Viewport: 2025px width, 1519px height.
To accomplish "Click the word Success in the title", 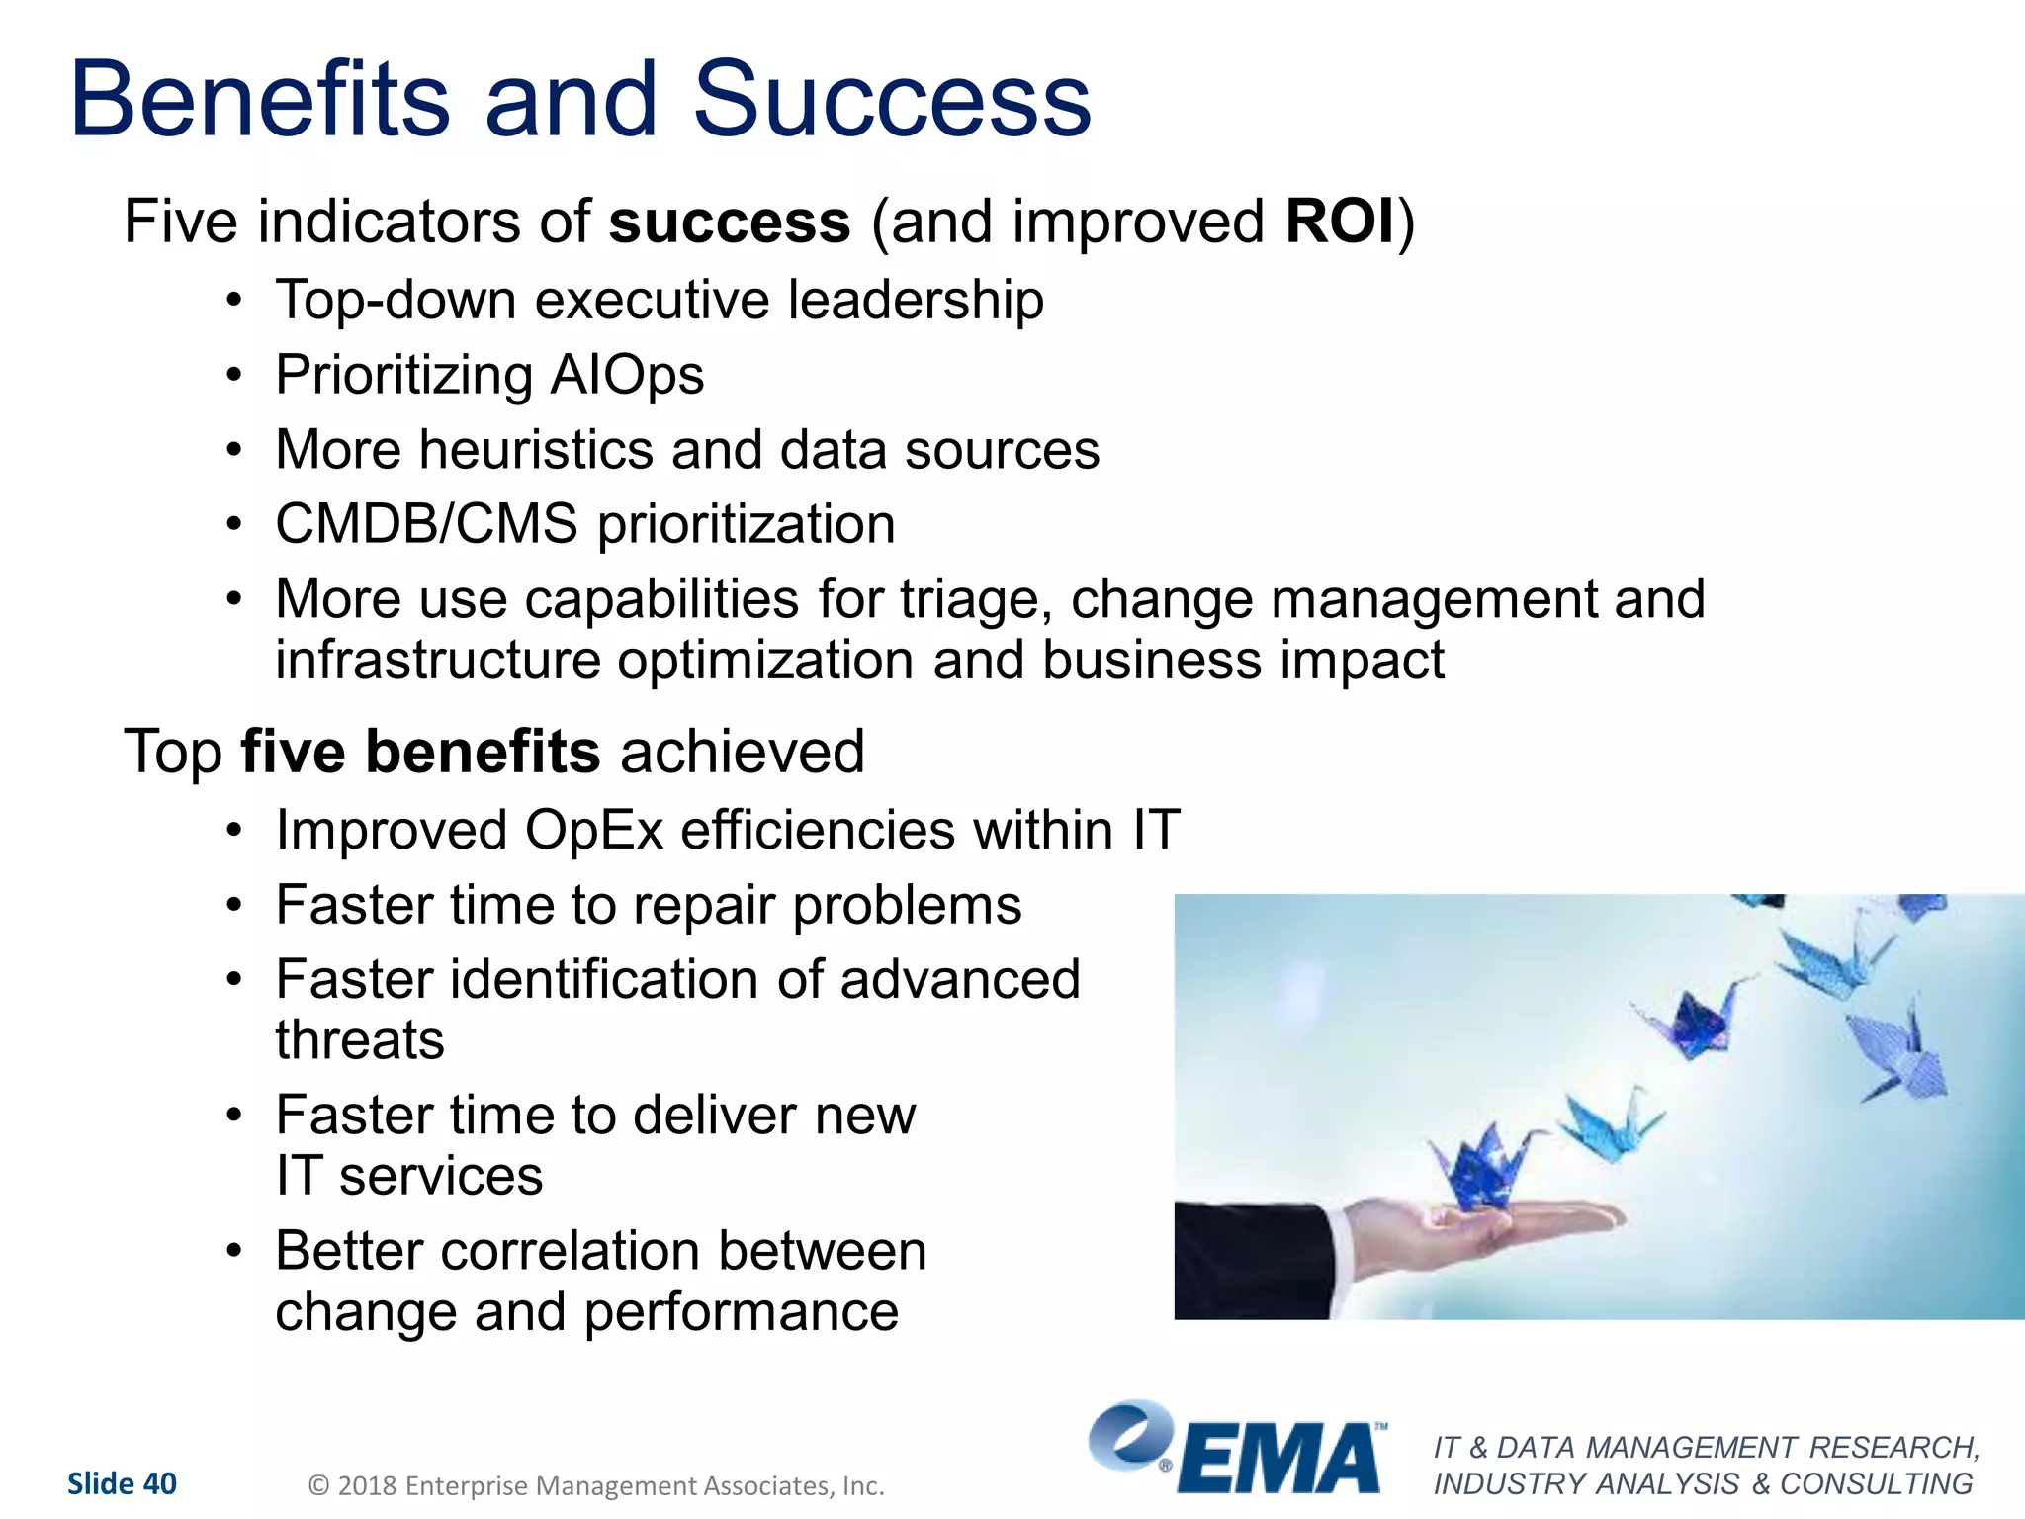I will pyautogui.click(x=892, y=101).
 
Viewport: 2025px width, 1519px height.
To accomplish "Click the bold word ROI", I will pyautogui.click(x=1340, y=222).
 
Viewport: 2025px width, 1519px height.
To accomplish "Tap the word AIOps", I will pyautogui.click(x=627, y=376).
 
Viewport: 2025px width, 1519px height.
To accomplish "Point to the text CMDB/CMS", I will pyautogui.click(x=426, y=524).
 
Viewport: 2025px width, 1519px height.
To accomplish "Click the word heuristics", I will pyautogui.click(x=536, y=450).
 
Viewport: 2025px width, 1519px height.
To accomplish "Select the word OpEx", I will pyautogui.click(x=593, y=831).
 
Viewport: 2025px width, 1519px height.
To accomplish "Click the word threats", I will pyautogui.click(x=360, y=1040).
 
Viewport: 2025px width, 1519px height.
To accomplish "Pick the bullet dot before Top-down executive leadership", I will pyautogui.click(x=233, y=301).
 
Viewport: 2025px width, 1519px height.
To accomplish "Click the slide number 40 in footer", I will pyautogui.click(x=159, y=1483).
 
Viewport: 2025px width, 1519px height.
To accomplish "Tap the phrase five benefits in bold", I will pyautogui.click(x=420, y=752).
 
